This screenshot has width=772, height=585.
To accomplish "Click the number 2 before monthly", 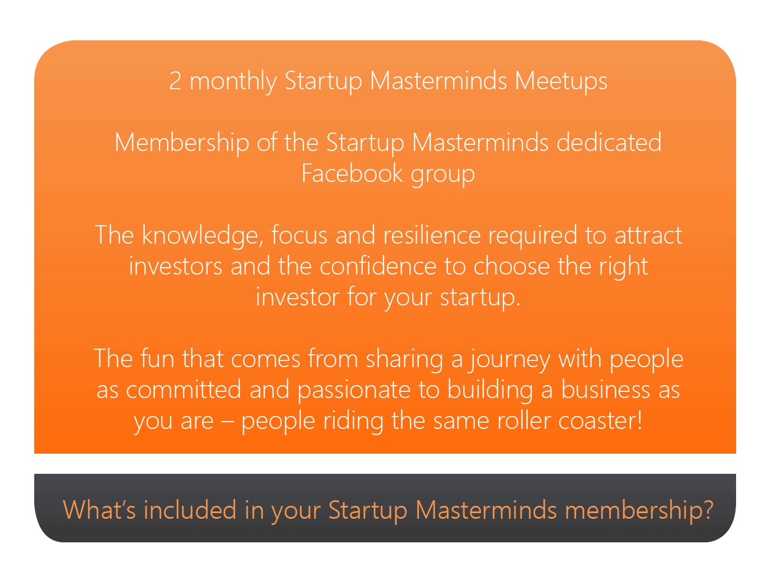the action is coord(175,80).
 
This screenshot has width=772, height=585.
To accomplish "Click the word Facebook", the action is coord(351,173).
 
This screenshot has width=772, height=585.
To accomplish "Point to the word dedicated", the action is coord(609,142).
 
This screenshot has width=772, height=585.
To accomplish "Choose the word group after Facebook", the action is coord(442,175).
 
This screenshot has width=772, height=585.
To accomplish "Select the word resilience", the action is coord(432,235).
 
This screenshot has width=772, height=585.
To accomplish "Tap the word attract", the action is coord(648,235).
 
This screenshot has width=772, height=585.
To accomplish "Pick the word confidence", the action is coord(378,266).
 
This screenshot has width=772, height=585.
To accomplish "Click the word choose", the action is coord(511,266).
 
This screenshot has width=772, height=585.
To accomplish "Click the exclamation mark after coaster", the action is coord(639,420).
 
